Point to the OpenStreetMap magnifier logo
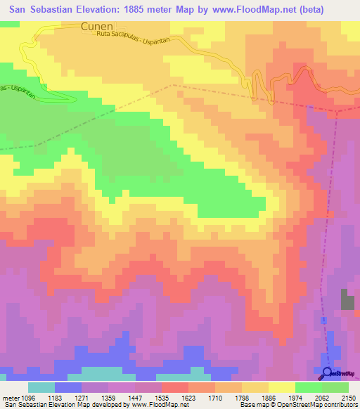328,372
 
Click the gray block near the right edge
348,299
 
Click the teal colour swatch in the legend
41,387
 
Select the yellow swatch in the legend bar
281,387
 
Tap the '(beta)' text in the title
334,8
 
